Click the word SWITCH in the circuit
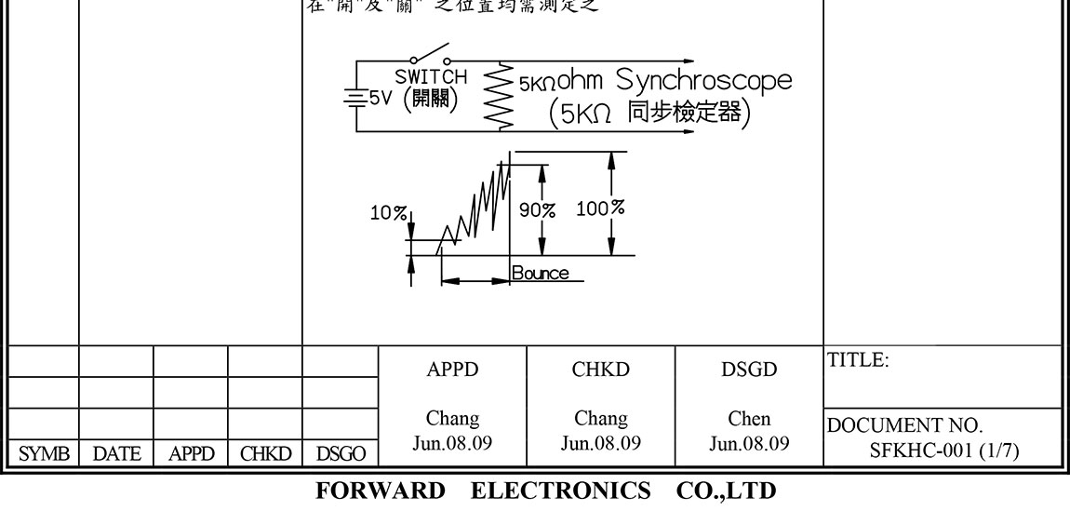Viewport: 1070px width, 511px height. pos(432,76)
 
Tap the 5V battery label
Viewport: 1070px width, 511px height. pos(381,97)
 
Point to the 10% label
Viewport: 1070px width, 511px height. pos(387,213)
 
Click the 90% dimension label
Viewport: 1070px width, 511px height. pos(537,209)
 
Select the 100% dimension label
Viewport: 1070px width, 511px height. pos(599,208)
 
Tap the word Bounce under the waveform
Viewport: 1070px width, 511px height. pos(540,274)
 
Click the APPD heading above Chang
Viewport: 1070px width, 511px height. pos(452,370)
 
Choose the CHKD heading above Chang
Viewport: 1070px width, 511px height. pos(600,370)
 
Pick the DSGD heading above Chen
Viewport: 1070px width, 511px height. pos(749,370)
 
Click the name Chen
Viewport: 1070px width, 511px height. pos(749,418)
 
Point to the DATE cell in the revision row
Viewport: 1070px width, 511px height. pos(115,453)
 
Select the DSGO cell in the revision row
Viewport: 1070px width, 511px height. pos(340,453)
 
